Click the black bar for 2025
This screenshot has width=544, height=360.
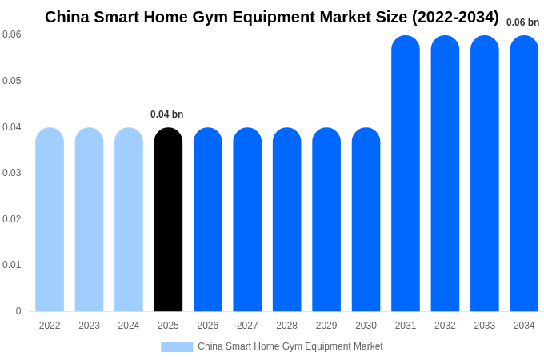coord(168,220)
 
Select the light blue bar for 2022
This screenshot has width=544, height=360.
coord(50,220)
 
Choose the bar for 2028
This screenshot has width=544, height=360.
coord(287,220)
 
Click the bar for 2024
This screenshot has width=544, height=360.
coord(129,220)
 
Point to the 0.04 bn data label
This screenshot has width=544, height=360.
coord(167,114)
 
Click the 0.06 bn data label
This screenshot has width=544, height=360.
coord(522,22)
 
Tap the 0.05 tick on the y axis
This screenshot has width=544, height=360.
coord(12,81)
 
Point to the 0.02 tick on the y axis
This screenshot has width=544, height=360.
coord(12,219)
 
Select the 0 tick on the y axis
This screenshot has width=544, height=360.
coord(18,311)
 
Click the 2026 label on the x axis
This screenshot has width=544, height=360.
coord(208,326)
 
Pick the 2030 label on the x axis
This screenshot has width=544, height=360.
coord(366,326)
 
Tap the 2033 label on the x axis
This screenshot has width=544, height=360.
coord(485,326)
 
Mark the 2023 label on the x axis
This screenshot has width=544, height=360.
coord(89,326)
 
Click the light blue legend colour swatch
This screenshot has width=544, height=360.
coord(177,347)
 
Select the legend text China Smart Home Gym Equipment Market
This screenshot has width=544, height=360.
coord(290,346)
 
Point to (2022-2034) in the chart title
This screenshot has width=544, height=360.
coord(455,17)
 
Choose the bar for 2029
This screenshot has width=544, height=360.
coord(326,220)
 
